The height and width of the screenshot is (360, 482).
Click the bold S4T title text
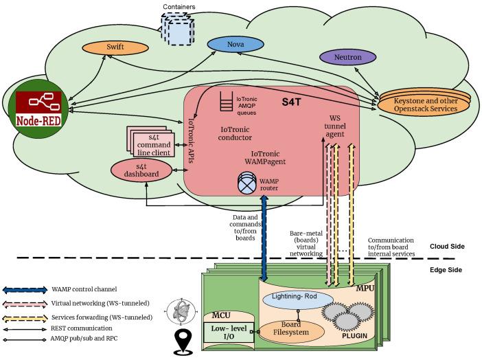pos(295,101)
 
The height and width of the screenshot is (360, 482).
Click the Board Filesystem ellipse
pos(288,330)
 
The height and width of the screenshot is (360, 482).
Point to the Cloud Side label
pos(449,247)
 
